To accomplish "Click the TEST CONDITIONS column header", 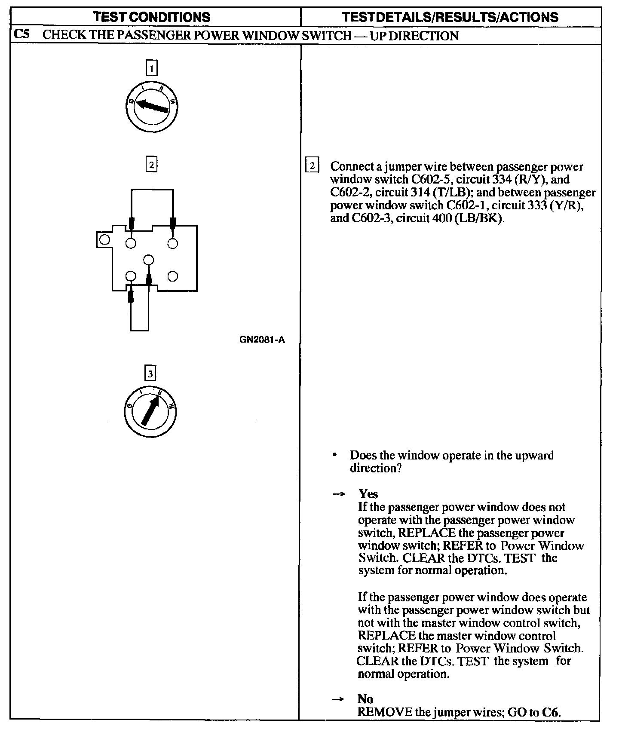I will pyautogui.click(x=152, y=17).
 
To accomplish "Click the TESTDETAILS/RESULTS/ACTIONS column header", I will pyautogui.click(x=450, y=17).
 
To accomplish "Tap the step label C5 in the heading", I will pyautogui.click(x=21, y=35).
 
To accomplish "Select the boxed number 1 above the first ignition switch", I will pyautogui.click(x=152, y=68).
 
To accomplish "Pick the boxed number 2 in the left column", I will pyautogui.click(x=151, y=165).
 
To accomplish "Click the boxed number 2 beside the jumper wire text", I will pyautogui.click(x=312, y=166).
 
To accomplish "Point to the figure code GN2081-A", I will pyautogui.click(x=262, y=340).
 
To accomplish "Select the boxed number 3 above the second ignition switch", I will pyautogui.click(x=150, y=374).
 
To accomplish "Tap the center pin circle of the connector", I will pyautogui.click(x=149, y=260).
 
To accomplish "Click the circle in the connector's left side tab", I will pyautogui.click(x=104, y=239).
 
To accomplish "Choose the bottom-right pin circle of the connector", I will pyautogui.click(x=172, y=276).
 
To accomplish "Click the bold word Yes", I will pyautogui.click(x=368, y=494).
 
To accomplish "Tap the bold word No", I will pyautogui.click(x=365, y=698).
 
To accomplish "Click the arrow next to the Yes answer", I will pyautogui.click(x=339, y=494).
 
